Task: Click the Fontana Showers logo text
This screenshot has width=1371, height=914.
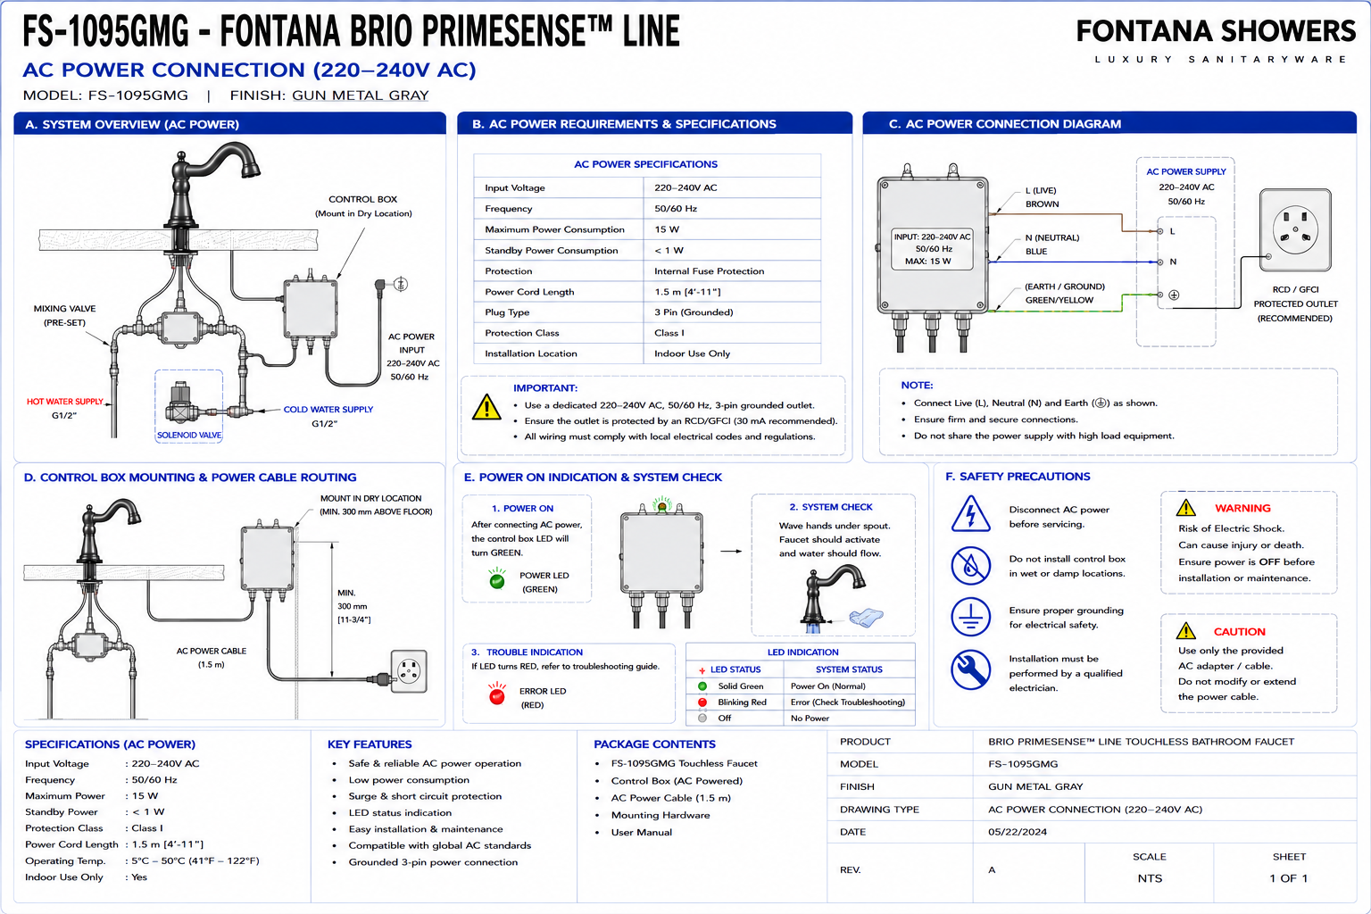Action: [x=1216, y=32]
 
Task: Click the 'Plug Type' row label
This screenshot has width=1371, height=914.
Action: [x=507, y=312]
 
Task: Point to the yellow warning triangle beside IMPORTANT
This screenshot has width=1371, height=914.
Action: [x=486, y=407]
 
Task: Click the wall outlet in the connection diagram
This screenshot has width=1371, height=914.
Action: [x=1295, y=230]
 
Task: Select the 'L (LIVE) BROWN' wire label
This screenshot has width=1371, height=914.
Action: [x=1042, y=197]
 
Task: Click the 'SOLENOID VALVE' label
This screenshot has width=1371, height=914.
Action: [x=189, y=436]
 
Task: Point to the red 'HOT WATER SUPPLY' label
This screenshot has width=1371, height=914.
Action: [x=65, y=402]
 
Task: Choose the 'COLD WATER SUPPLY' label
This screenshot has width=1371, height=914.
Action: [x=328, y=410]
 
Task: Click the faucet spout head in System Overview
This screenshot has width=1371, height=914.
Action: [x=251, y=165]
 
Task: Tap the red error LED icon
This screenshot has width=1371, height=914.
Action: [x=497, y=694]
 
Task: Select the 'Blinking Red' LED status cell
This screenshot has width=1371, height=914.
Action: [x=742, y=702]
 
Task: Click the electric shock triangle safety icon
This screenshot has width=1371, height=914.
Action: [x=971, y=514]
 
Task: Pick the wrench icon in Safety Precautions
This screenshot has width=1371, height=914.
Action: [x=971, y=669]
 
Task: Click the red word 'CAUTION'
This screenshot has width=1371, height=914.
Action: [x=1240, y=632]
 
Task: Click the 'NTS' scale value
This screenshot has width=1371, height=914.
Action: [x=1150, y=878]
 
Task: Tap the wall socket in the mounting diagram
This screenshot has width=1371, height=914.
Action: [x=409, y=671]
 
